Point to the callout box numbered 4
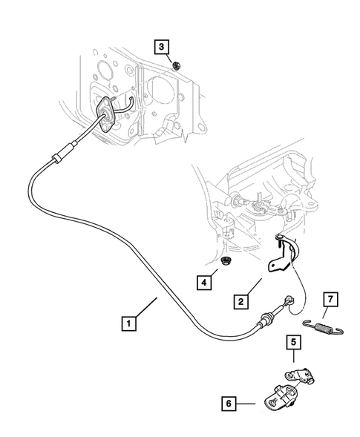coord(203,282)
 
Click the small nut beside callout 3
coord(177,65)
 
